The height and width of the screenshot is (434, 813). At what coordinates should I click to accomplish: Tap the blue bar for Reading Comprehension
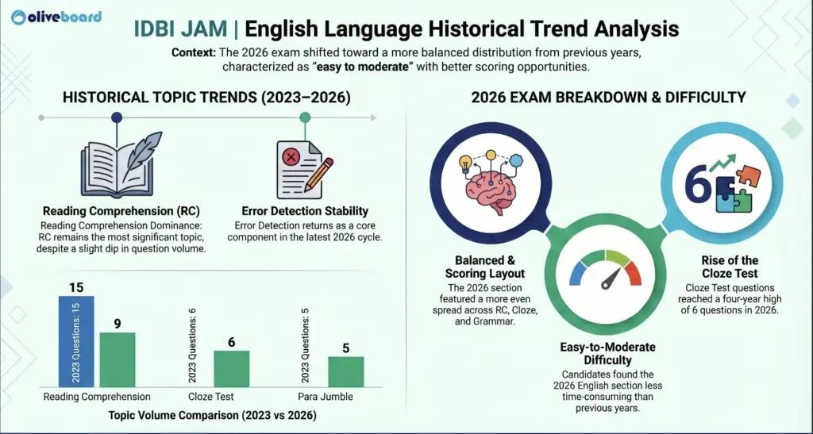[x=76, y=341]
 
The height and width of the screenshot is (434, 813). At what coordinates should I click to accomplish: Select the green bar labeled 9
[x=117, y=359]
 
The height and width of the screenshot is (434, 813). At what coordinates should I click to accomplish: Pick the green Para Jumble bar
[x=345, y=371]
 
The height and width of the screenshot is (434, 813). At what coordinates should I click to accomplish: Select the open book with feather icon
[x=117, y=167]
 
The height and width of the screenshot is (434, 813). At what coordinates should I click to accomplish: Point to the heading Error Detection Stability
[x=305, y=211]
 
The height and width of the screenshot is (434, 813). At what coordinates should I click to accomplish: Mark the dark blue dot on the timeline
[x=117, y=117]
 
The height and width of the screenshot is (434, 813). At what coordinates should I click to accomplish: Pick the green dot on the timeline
[x=305, y=117]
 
